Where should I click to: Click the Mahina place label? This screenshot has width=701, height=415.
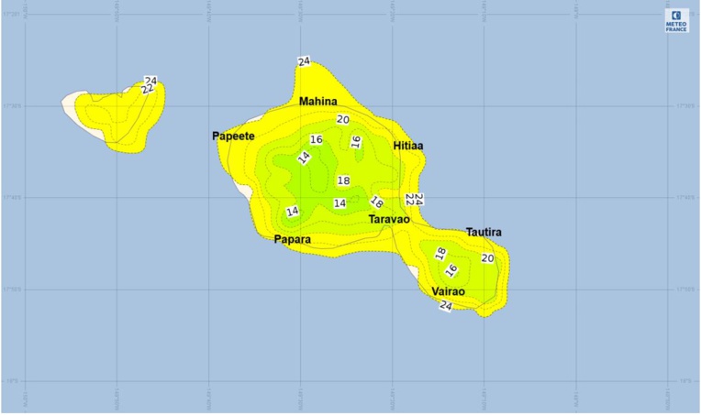tap(317, 102)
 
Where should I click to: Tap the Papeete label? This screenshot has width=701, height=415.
tap(233, 136)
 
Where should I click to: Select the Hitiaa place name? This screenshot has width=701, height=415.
tap(408, 146)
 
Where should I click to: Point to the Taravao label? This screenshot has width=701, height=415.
tap(389, 220)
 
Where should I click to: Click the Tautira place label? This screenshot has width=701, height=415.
tap(484, 233)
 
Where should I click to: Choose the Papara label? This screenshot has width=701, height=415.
tap(293, 240)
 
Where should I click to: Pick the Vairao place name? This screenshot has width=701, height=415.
tap(448, 291)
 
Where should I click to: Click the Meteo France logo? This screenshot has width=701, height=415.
tap(677, 21)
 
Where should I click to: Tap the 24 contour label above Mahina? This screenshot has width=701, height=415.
tap(305, 61)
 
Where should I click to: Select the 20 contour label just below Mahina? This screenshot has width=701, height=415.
tap(342, 119)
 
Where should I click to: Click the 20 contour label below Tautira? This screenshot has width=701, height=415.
tap(487, 258)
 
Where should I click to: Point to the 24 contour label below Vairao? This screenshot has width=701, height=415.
tap(446, 306)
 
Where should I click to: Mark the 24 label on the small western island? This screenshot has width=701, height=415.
tap(150, 81)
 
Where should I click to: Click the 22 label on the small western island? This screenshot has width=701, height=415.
tap(147, 89)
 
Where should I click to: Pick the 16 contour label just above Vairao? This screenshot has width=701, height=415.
tap(451, 270)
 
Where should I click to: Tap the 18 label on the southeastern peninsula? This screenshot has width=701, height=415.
tap(440, 253)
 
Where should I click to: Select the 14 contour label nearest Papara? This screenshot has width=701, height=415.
tap(292, 212)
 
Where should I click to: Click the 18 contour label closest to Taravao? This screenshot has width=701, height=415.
tap(376, 202)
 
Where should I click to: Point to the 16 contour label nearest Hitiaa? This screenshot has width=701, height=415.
tap(356, 142)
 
